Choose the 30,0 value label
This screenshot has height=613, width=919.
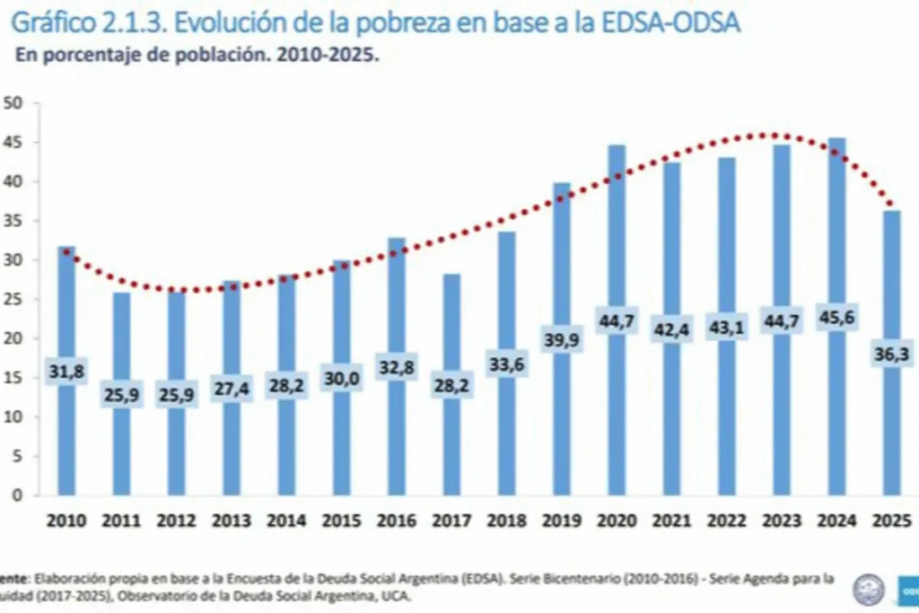(342, 379)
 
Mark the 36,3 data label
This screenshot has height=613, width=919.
(891, 355)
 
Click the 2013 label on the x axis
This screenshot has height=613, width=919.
(232, 521)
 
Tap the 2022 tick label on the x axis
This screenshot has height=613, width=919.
(726, 521)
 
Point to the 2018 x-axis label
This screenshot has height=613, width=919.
(506, 521)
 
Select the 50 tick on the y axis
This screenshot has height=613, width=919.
(13, 102)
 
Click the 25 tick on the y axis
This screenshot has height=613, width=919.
(13, 299)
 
